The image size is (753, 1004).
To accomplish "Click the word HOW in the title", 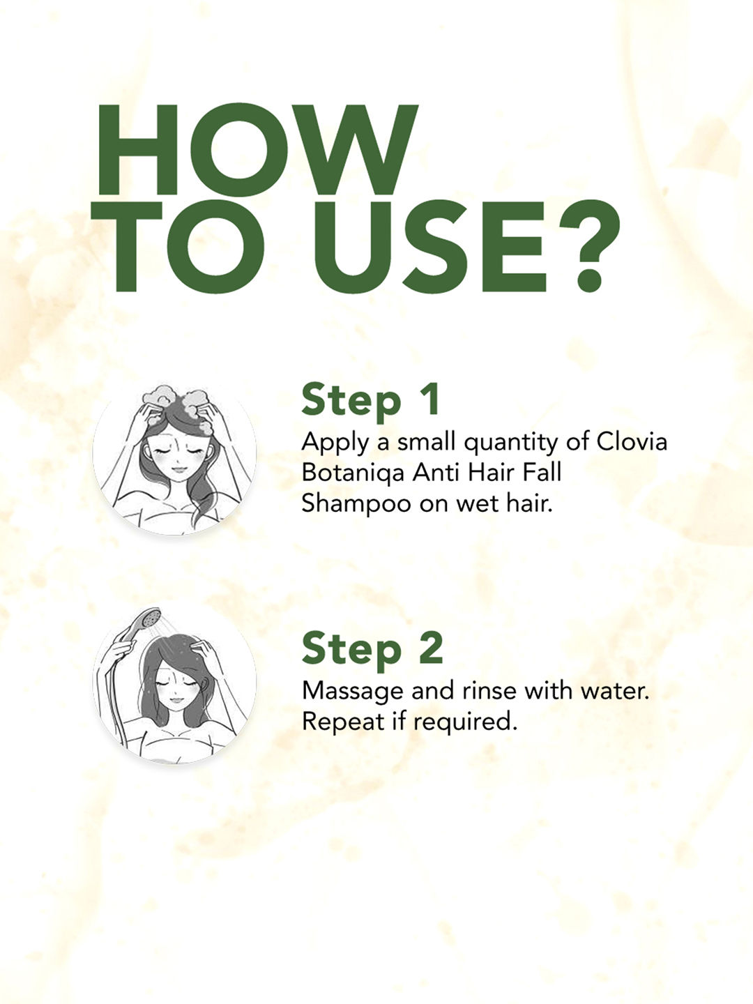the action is tap(257, 150).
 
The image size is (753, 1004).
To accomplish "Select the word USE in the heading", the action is tap(430, 247).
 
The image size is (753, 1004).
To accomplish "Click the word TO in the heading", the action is tap(178, 247).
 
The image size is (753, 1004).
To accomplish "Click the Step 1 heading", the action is tap(370, 400).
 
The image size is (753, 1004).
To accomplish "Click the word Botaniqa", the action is tap(353, 473).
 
